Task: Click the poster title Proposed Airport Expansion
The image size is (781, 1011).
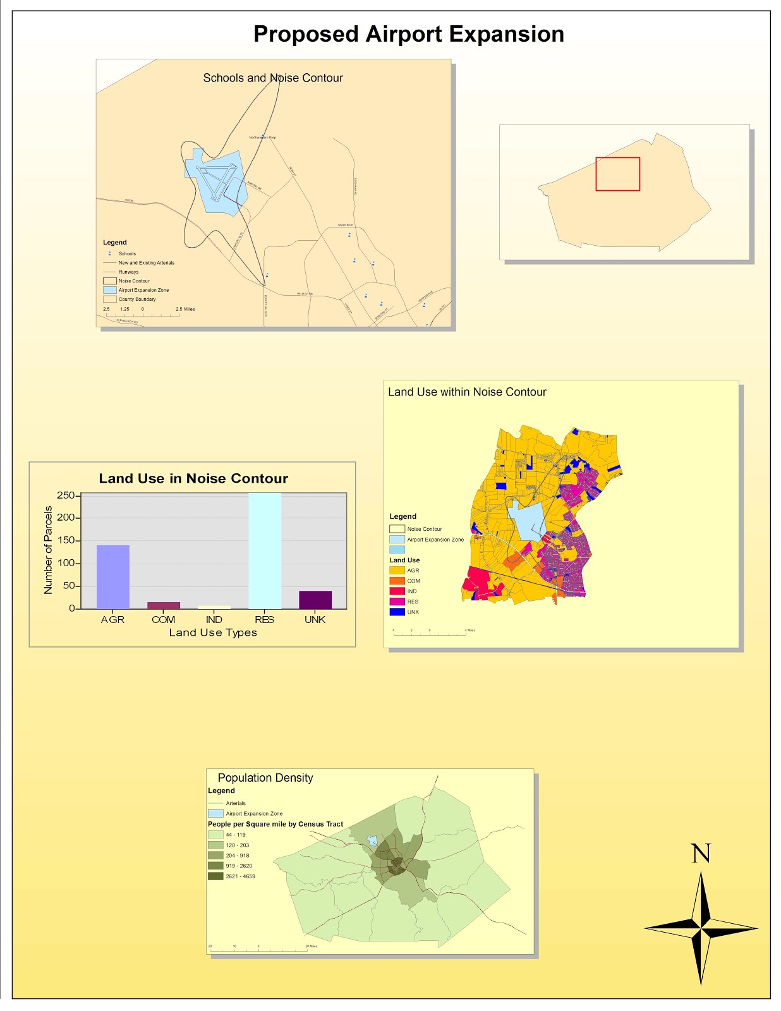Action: coord(408,34)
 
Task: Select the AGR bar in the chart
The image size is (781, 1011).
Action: coord(112,576)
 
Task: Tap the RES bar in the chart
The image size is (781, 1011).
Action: coord(264,550)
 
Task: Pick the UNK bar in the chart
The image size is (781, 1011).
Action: coord(315,600)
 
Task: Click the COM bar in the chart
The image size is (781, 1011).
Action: coord(163,605)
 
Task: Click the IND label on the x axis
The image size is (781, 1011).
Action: coord(214,620)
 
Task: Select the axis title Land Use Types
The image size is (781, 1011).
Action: coord(213,633)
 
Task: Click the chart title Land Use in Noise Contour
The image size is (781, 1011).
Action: coord(193,478)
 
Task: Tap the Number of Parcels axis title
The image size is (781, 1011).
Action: coord(48,550)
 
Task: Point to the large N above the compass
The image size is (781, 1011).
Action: coord(701,854)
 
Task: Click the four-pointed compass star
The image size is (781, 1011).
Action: coord(701,928)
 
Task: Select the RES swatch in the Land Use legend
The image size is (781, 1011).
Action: coord(397,602)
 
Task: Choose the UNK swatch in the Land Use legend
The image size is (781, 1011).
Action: coord(397,612)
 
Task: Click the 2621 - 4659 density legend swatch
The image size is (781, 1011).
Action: coord(215,876)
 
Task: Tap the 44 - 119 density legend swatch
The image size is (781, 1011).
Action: coord(215,835)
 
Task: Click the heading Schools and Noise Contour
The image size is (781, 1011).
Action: coord(273,78)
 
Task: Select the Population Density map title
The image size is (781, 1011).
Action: coord(265,778)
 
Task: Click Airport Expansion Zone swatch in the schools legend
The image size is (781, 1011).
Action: coord(110,290)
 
